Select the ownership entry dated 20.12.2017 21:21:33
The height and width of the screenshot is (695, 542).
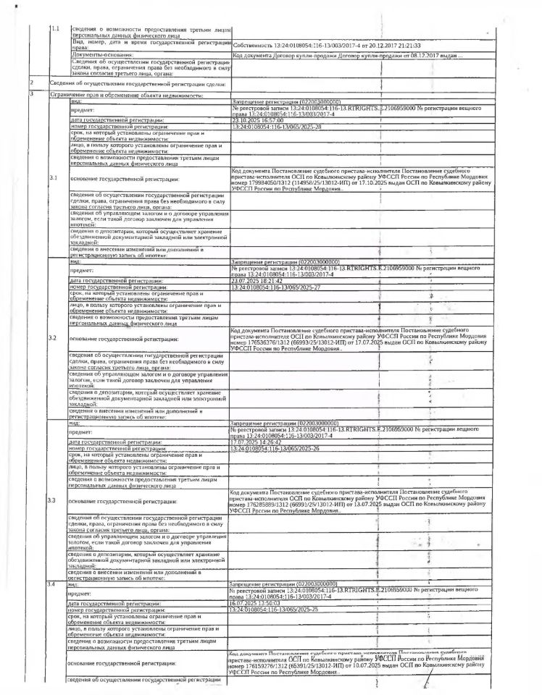tap(334, 45)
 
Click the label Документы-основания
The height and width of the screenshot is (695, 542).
tap(102, 54)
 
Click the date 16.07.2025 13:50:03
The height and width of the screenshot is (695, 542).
tap(254, 604)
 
